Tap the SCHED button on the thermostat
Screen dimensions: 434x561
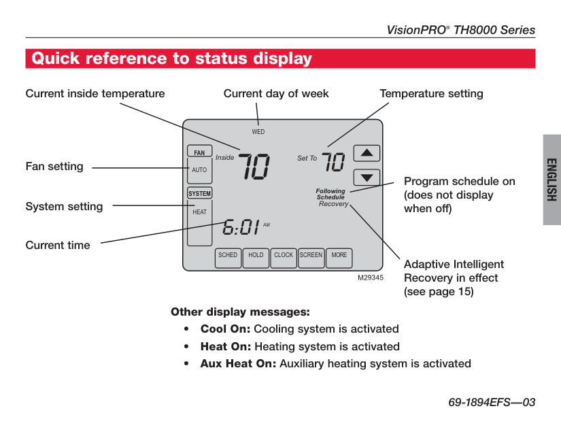(x=228, y=256)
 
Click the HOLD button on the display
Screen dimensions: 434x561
(x=256, y=256)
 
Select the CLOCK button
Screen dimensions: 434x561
(x=284, y=256)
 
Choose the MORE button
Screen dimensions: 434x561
(x=339, y=256)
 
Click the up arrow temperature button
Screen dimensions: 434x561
(x=367, y=153)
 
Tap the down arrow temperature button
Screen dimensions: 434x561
(x=367, y=178)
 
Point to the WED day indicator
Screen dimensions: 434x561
(x=258, y=132)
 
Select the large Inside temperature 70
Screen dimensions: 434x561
(x=254, y=166)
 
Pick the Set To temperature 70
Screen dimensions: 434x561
(x=333, y=161)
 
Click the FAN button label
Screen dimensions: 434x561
(x=199, y=152)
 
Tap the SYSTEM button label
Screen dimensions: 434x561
(x=200, y=193)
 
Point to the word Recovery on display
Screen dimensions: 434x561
(x=333, y=204)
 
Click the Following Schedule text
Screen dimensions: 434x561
(x=330, y=195)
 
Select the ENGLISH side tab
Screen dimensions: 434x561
(x=551, y=180)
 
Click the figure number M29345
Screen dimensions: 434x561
(x=371, y=278)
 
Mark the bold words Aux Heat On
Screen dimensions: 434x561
(x=238, y=363)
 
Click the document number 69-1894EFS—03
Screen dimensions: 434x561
(x=492, y=403)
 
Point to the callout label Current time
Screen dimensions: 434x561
(x=58, y=246)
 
